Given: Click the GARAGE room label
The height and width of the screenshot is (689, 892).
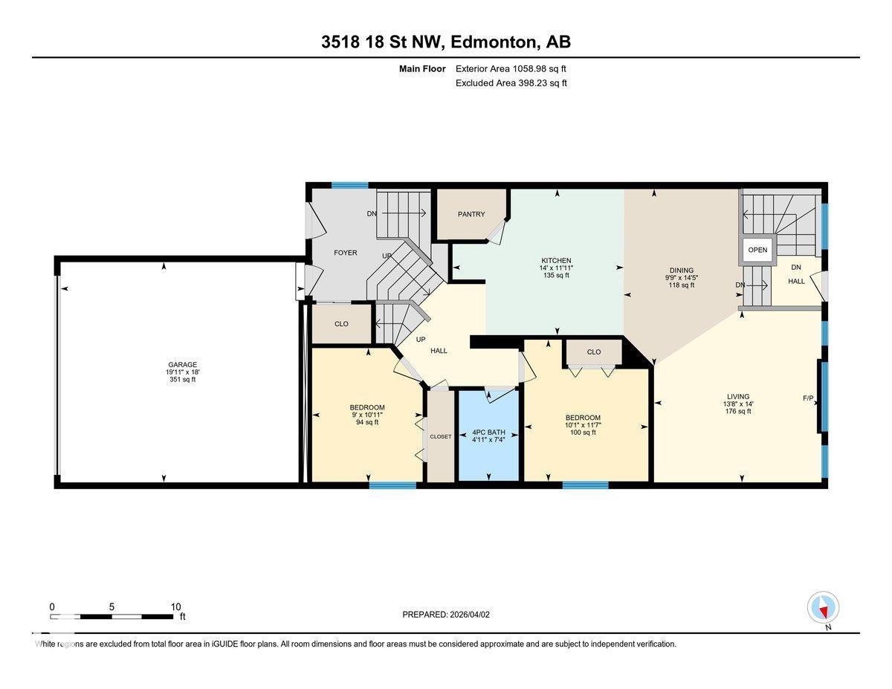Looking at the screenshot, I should tap(182, 364).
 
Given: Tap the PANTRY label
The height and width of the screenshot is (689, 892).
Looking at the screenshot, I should tap(471, 214).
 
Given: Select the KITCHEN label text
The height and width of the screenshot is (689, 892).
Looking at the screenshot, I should tap(555, 260).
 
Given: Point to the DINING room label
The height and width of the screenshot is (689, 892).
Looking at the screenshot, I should tap(681, 270).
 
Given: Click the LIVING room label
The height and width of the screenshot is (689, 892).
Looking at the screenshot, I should tap(738, 396).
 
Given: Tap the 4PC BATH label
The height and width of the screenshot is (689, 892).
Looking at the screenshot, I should tap(488, 431).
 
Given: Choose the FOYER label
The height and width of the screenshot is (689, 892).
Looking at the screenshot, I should tap(345, 253).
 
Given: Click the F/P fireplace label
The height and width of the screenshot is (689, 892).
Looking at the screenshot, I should tap(808, 398).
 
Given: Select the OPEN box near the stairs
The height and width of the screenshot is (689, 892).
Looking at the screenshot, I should tap(757, 250).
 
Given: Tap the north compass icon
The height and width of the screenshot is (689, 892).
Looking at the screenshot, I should tap(823, 608).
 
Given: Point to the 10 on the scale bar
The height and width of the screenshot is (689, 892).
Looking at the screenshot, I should tap(175, 606).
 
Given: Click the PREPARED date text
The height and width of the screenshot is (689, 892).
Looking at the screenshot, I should tap(447, 615).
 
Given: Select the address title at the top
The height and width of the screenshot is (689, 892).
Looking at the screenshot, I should tap(446, 42).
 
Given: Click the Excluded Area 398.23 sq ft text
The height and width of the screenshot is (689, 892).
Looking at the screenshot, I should tap(511, 83).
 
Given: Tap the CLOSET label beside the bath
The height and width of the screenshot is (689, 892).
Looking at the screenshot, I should tap(440, 436).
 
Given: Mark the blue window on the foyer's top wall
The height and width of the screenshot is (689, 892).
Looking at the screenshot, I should tap(349, 185).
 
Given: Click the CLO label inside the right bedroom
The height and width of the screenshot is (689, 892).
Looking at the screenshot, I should tap(593, 352).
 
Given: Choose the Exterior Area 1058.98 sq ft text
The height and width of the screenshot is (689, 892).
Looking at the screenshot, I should tap(515, 68).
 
